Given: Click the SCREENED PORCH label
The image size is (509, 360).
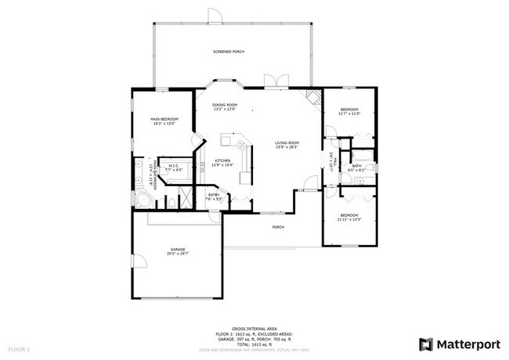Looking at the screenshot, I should pos(229,52).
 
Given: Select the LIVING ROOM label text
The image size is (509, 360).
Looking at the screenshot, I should pos(287,142).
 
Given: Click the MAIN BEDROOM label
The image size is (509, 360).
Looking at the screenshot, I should pos(164,119).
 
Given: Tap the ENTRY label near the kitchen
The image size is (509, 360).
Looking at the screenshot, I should pos(214,195).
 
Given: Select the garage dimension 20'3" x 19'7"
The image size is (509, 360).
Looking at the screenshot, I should pos(178,254).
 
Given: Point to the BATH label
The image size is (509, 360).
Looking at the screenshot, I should pos(356,165).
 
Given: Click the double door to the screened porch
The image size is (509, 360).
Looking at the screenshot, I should pos(273,82).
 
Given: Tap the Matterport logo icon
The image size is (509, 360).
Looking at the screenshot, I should pos(426,344).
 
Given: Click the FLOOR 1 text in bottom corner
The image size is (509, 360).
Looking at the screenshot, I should pos(19,348).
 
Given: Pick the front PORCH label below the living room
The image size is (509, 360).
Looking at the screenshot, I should pos(277,228).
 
